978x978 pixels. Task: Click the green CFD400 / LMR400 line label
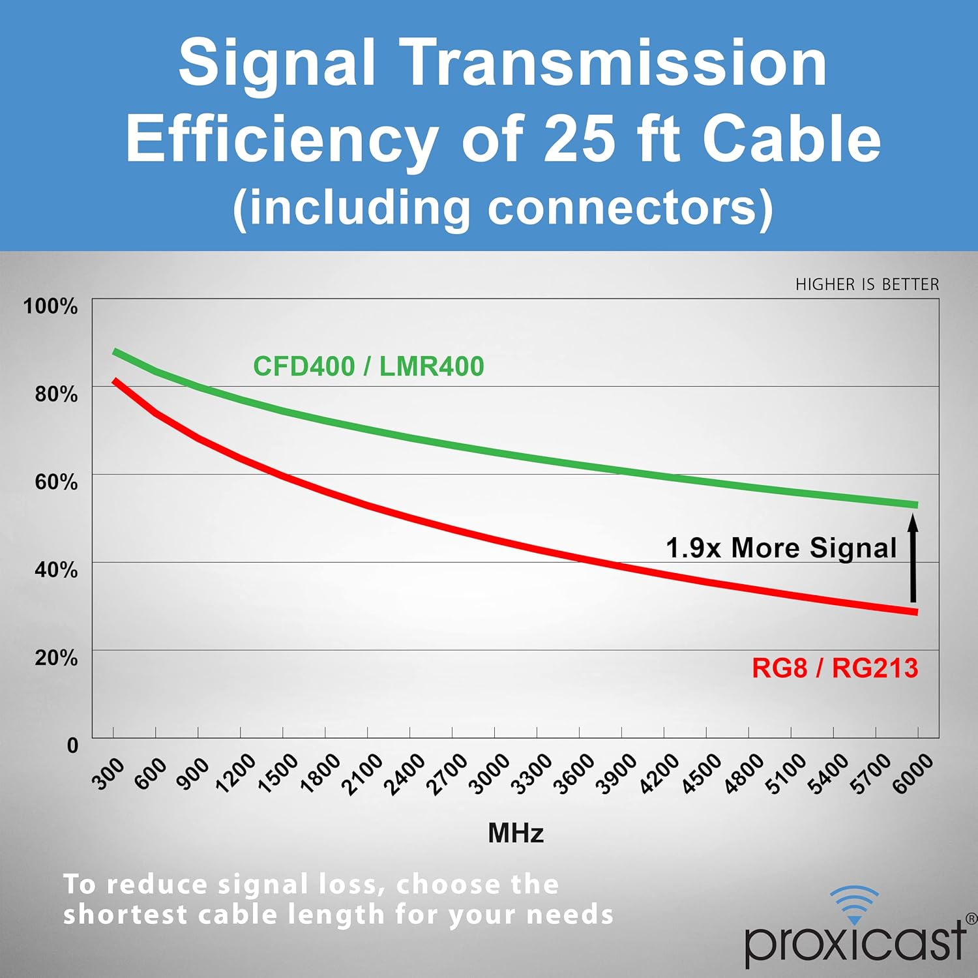(x=368, y=366)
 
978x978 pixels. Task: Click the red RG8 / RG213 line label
(x=835, y=668)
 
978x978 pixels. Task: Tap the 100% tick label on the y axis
(x=50, y=306)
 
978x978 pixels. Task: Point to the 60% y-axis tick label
(x=56, y=482)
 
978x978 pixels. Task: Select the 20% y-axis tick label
(x=56, y=657)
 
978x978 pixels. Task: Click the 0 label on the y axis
(x=72, y=745)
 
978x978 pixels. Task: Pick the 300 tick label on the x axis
(x=108, y=774)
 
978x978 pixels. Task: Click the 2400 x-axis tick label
(x=404, y=775)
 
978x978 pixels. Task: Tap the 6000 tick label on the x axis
(x=912, y=775)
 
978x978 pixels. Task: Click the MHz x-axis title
(x=516, y=833)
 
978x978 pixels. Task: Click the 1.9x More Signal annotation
(x=781, y=548)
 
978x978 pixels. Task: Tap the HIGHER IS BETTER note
(x=867, y=284)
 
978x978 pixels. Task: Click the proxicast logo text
(x=855, y=941)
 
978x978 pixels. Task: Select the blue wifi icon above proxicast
(x=855, y=904)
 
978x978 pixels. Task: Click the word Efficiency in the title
(x=282, y=139)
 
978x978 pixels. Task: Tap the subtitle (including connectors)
(x=503, y=208)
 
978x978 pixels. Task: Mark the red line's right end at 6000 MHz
(x=917, y=612)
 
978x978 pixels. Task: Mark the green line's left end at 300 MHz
(x=115, y=351)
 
